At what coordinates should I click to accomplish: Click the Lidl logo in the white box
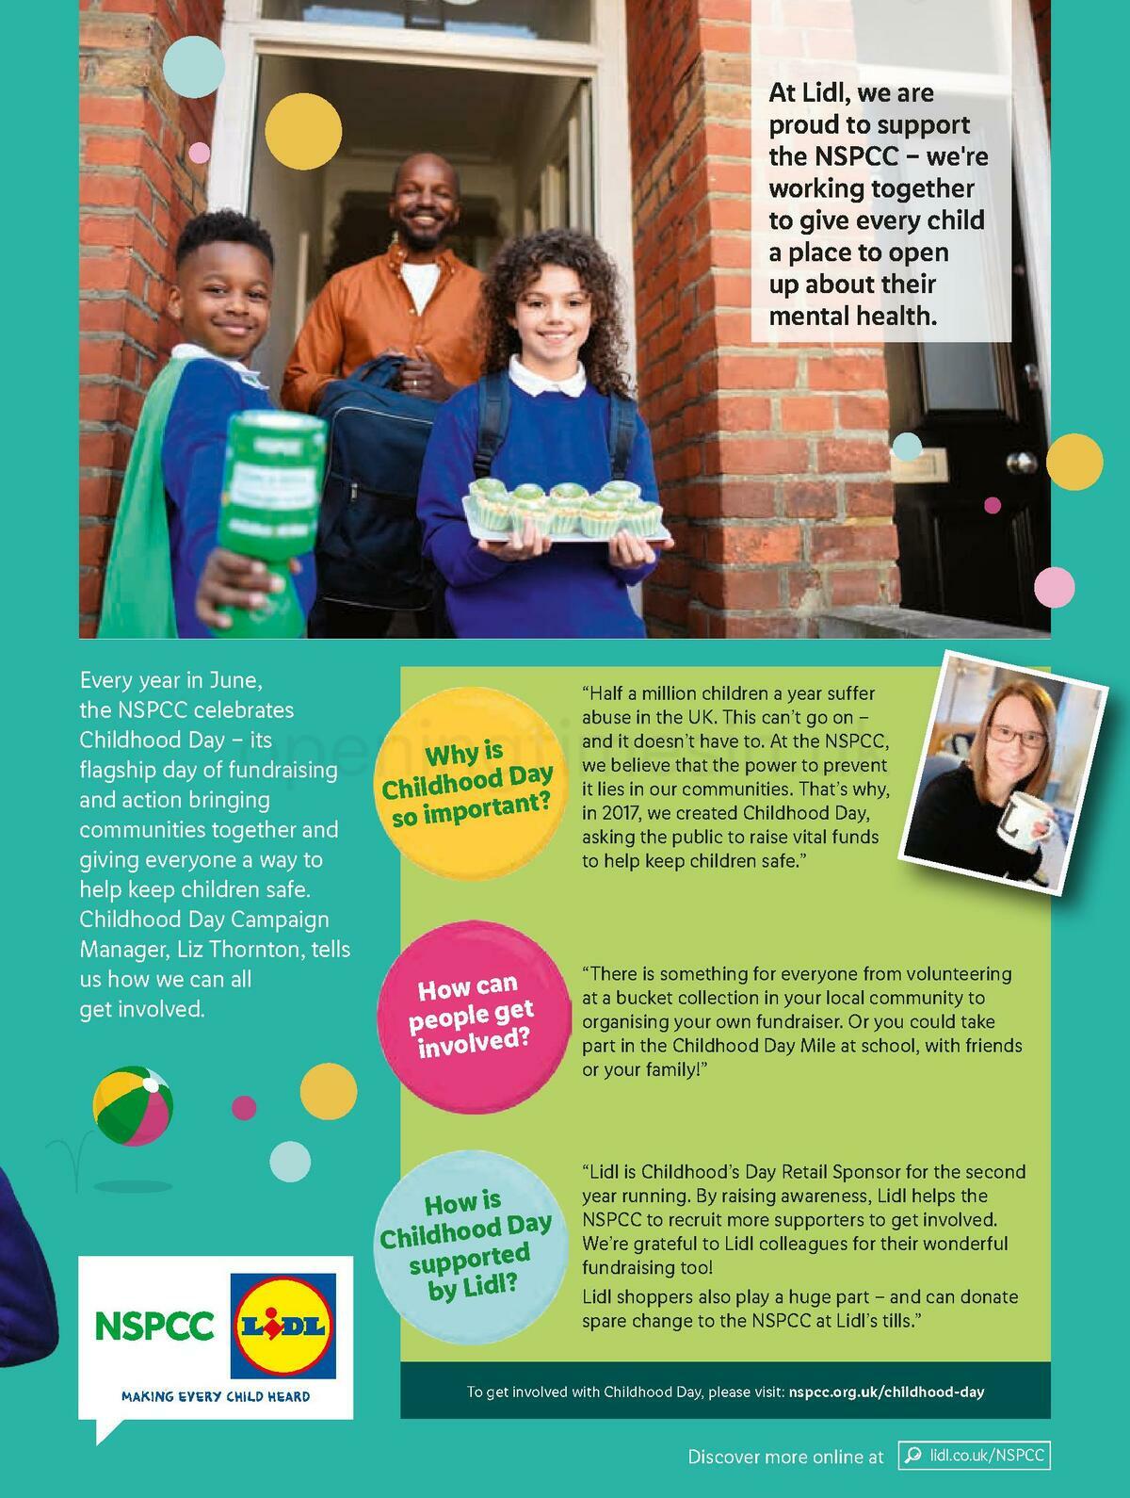pyautogui.click(x=283, y=1327)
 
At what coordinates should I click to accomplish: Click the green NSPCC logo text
pyautogui.click(x=154, y=1327)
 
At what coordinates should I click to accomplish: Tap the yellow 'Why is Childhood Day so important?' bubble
pyautogui.click(x=467, y=784)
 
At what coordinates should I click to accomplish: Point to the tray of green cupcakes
pyautogui.click(x=565, y=513)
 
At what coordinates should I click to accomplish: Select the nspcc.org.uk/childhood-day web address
pyautogui.click(x=886, y=1392)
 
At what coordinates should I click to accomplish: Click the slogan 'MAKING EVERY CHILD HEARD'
pyautogui.click(x=216, y=1396)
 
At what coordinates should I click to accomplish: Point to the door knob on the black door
pyautogui.click(x=1021, y=464)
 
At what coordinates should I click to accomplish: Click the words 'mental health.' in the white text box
pyautogui.click(x=852, y=317)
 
